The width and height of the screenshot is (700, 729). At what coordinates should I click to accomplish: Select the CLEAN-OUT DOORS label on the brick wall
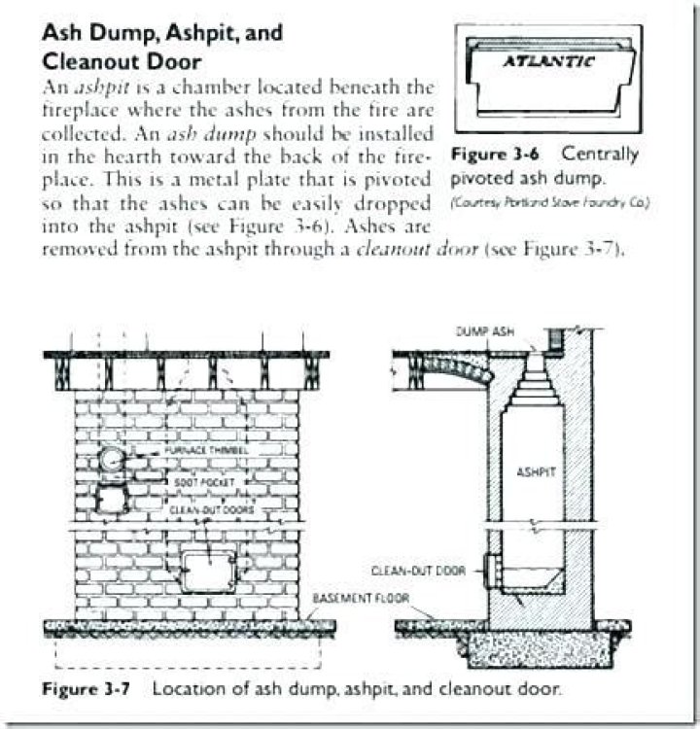[x=204, y=506]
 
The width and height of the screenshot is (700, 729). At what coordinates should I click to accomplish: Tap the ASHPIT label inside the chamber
[x=534, y=471]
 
